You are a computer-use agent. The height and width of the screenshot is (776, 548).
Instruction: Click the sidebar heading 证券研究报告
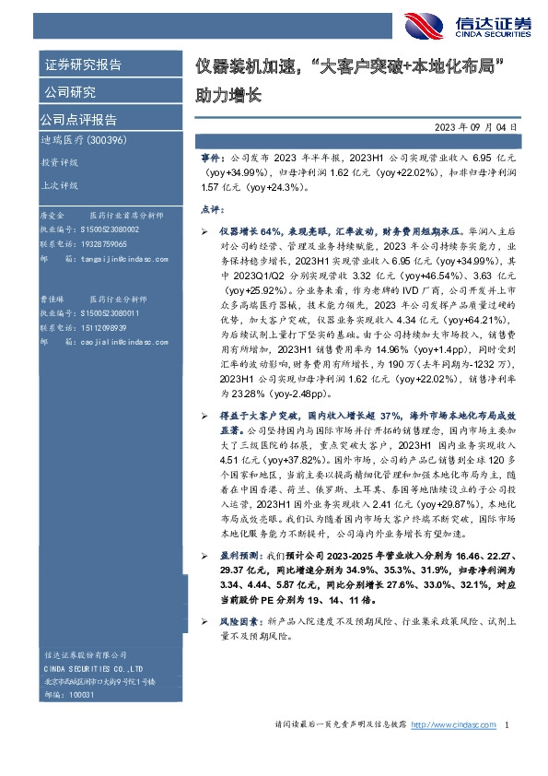pos(83,65)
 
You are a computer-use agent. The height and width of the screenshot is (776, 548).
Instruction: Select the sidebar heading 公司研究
pos(70,92)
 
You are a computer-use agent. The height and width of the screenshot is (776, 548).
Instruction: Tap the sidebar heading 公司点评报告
pos(77,120)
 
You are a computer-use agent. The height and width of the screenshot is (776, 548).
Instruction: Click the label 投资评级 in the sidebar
pos(60,162)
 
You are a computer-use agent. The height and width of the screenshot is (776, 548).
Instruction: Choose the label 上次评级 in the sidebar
pos(60,185)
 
